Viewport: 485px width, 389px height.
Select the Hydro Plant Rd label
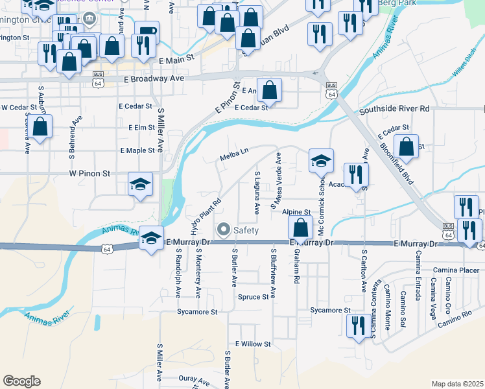[207, 216]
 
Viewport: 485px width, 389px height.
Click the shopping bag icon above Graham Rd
[301, 228]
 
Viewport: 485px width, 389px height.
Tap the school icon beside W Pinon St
[140, 185]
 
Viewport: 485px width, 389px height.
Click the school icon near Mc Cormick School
[321, 161]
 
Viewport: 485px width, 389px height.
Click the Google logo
[21, 381]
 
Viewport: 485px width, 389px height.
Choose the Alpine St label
[296, 212]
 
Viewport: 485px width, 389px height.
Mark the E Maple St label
[137, 150]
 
